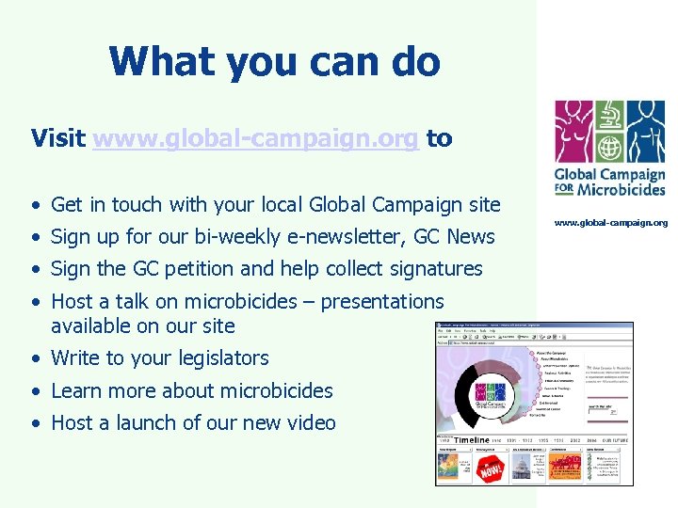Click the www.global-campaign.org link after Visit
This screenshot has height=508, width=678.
(x=256, y=139)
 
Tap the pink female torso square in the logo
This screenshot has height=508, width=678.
(x=573, y=121)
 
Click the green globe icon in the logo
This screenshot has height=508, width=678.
(x=609, y=148)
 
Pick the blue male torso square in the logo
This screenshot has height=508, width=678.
(x=645, y=131)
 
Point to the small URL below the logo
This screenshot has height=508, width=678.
(x=610, y=223)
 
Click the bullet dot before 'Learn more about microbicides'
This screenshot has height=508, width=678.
(x=34, y=391)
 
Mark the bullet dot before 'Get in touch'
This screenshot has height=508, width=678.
(x=34, y=205)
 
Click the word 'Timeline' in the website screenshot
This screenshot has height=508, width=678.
(x=472, y=440)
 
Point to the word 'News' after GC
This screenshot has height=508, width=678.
(x=471, y=236)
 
